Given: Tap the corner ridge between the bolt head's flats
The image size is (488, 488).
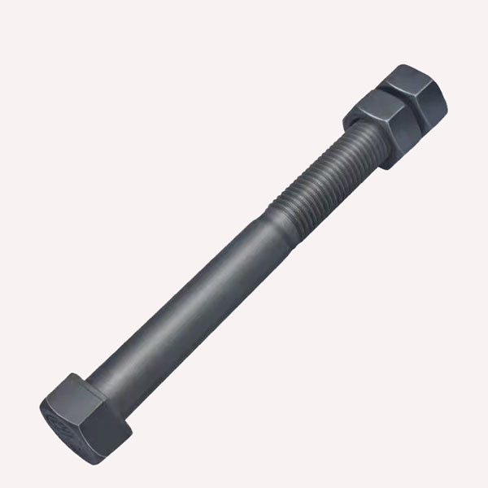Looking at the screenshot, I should pos(98,407).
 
